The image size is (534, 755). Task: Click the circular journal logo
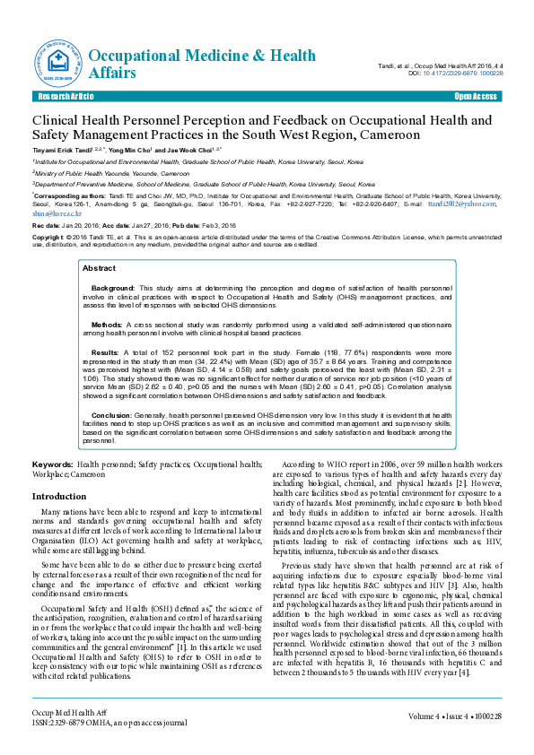57,60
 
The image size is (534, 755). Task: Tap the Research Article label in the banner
65,95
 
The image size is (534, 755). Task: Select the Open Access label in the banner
476,95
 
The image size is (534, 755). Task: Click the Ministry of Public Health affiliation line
111,172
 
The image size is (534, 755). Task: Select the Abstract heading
99,268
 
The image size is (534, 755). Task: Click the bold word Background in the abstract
113,288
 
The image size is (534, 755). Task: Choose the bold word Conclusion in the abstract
111,415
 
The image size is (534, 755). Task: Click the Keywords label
53,464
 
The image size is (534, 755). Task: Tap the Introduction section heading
59,496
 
